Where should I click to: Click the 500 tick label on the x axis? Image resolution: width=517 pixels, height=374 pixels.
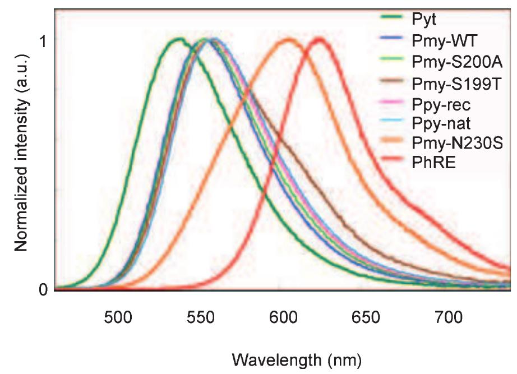[x=118, y=318]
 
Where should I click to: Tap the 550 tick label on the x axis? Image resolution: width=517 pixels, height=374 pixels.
[x=200, y=318]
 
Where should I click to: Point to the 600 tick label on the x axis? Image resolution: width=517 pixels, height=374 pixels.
[x=283, y=318]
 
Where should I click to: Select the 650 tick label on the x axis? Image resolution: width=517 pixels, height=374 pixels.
[x=366, y=318]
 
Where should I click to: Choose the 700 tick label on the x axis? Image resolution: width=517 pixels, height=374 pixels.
[x=449, y=318]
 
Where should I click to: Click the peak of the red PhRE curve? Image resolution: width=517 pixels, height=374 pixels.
[x=319, y=39]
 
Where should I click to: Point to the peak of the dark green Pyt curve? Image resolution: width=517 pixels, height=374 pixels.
[x=179, y=39]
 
